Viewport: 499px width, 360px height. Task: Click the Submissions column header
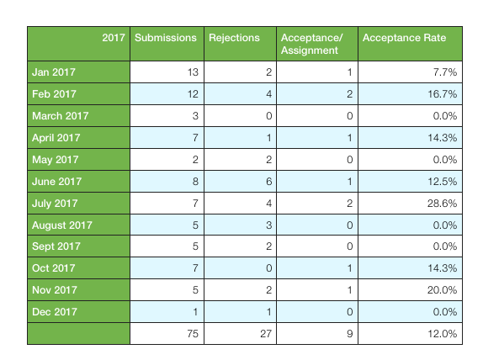pyautogui.click(x=166, y=38)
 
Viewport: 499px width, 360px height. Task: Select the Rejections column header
pyautogui.click(x=234, y=38)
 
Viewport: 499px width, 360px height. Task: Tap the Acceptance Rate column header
pyautogui.click(x=404, y=38)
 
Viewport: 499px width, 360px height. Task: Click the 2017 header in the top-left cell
pyautogui.click(x=114, y=38)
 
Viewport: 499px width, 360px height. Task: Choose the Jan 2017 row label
pyautogui.click(x=54, y=72)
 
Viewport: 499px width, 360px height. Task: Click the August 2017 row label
pyautogui.click(x=62, y=225)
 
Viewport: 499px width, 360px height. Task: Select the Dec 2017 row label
pyautogui.click(x=55, y=312)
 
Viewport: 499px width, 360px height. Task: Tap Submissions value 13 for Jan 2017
pyautogui.click(x=193, y=72)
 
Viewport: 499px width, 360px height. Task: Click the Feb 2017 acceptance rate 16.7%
pyautogui.click(x=443, y=94)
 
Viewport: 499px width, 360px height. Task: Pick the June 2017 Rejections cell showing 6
pyautogui.click(x=269, y=182)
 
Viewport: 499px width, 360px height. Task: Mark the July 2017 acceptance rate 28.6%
pyautogui.click(x=442, y=204)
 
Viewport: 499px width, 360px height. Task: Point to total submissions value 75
pyautogui.click(x=193, y=334)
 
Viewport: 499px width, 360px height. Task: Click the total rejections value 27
pyautogui.click(x=266, y=334)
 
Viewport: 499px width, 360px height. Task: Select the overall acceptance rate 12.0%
pyautogui.click(x=443, y=334)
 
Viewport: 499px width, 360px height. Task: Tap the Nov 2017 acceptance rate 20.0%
pyautogui.click(x=442, y=290)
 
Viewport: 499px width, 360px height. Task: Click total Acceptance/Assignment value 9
pyautogui.click(x=350, y=334)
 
